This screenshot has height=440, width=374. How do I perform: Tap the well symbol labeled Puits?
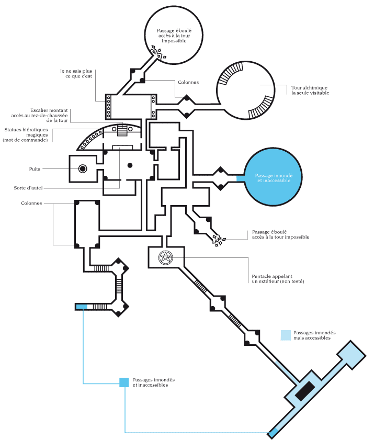click(82, 168)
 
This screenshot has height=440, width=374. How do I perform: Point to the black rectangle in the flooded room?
click(305, 391)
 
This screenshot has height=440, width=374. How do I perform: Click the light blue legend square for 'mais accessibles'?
click(286, 335)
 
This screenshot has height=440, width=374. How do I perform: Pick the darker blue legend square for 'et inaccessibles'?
click(124, 382)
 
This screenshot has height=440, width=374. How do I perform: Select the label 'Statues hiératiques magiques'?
click(25, 134)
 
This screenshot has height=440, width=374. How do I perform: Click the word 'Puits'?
click(35, 169)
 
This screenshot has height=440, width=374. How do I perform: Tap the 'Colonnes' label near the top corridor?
click(188, 82)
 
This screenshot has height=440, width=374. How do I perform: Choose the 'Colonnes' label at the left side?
click(31, 203)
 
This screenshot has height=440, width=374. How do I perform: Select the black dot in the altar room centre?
click(130, 165)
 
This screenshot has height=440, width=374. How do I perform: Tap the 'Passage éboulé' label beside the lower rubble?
click(280, 234)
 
